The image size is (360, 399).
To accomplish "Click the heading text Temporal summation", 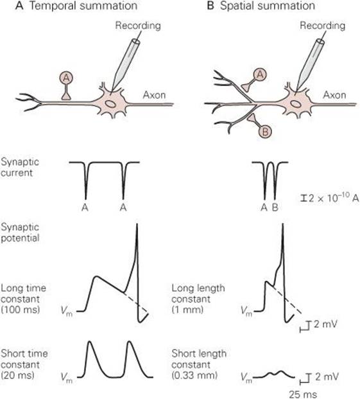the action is [83, 6].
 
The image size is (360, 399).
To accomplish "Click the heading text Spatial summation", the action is [268, 6].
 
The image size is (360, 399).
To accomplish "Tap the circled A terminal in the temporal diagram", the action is [66, 78].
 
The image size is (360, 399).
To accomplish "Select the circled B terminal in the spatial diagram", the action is [265, 132].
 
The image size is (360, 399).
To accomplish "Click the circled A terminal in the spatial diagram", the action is [260, 75].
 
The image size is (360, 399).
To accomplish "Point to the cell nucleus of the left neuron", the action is [110, 104].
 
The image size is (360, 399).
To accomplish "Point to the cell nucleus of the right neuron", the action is [295, 103].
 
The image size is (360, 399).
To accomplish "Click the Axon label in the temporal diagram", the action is [154, 95].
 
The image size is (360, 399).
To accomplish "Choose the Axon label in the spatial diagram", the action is [334, 95].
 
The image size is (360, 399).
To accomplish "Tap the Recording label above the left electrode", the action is [138, 26].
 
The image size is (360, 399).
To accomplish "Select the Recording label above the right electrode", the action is [322, 26].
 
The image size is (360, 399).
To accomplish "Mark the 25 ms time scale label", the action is [303, 394].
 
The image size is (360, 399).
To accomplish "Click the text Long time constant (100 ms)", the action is [24, 299].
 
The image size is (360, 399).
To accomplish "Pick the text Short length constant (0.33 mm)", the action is [199, 364].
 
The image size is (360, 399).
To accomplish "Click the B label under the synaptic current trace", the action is [275, 208].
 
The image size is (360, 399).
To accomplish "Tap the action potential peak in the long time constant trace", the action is [137, 224].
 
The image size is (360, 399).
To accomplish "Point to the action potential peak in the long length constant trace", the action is [282, 224].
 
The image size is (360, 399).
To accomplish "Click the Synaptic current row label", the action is [20, 167].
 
